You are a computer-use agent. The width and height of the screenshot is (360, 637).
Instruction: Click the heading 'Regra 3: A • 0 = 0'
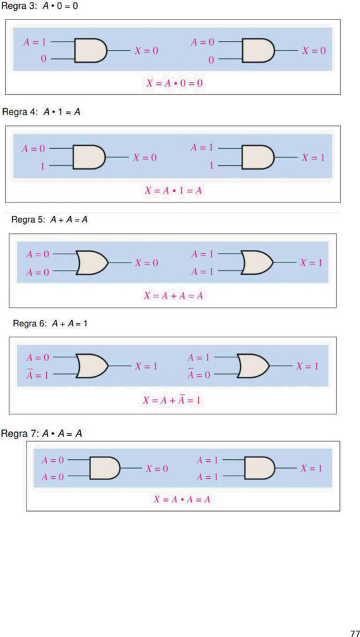(x=40, y=8)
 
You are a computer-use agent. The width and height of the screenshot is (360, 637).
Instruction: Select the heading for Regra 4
(x=41, y=112)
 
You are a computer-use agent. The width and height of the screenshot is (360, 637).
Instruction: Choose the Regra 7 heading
(x=42, y=434)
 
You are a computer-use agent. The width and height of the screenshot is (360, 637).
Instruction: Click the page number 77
(x=355, y=632)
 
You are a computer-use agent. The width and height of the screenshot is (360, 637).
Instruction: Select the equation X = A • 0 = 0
(x=175, y=83)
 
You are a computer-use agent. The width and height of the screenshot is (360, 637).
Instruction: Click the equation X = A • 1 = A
(x=173, y=191)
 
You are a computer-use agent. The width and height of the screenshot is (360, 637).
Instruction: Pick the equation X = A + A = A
(x=173, y=296)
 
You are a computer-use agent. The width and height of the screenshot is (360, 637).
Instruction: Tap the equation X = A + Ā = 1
(x=172, y=400)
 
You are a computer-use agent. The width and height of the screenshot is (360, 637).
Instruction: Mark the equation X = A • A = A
(x=182, y=499)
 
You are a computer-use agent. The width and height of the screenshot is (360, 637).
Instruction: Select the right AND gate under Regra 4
(x=258, y=158)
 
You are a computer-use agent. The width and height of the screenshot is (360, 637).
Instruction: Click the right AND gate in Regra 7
(x=260, y=468)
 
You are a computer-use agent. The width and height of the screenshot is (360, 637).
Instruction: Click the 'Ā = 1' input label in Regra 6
(x=37, y=374)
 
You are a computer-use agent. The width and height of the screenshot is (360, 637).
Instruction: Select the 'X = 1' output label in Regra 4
(x=313, y=158)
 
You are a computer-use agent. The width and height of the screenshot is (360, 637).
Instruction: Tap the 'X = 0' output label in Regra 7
(x=157, y=469)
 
